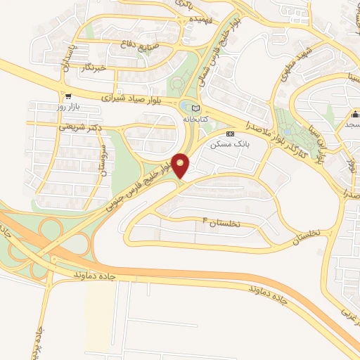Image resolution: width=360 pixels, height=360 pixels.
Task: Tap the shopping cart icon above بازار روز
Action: pos(67,96)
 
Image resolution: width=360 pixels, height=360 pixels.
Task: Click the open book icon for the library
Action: pos(195,108)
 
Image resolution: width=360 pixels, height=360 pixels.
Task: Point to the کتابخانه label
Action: pos(197,120)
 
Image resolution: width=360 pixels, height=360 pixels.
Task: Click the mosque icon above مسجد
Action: pos(355,115)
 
